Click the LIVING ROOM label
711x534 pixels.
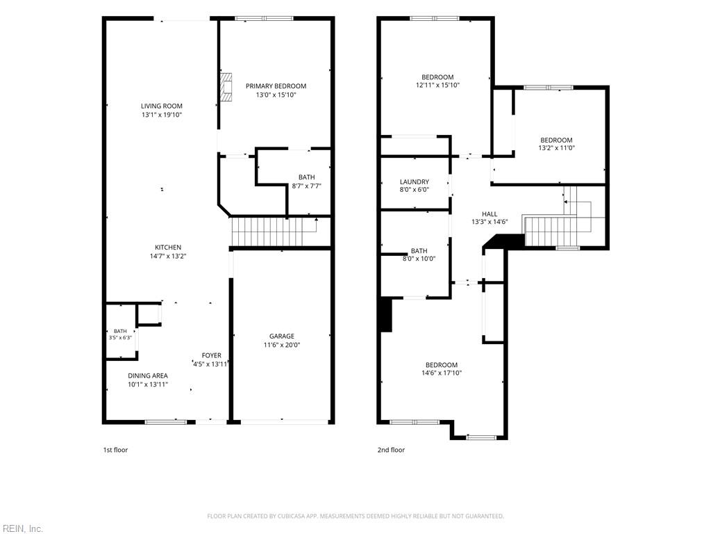[x=161, y=106]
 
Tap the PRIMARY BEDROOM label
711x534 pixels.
[x=276, y=86]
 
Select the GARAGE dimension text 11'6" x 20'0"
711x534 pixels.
[x=282, y=345]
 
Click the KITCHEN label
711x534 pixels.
[x=168, y=248]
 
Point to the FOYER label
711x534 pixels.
[x=212, y=355]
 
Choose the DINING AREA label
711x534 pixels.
[x=148, y=376]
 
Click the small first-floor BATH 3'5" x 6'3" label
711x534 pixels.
[x=120, y=334]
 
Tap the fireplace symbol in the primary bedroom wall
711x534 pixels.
[x=226, y=87]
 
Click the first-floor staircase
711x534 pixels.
[x=275, y=232]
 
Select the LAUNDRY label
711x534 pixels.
[x=415, y=182]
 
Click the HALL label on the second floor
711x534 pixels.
[x=490, y=214]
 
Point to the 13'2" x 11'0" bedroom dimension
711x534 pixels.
[x=556, y=148]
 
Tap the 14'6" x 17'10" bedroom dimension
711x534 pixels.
[x=441, y=373]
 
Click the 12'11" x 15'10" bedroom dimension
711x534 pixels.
[x=437, y=85]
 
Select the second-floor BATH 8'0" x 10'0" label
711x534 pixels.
[x=419, y=254]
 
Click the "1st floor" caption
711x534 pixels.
[x=116, y=450]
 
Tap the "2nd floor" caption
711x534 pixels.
[x=391, y=450]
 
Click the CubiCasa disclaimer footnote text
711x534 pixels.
[x=355, y=517]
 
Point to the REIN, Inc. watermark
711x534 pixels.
[x=22, y=528]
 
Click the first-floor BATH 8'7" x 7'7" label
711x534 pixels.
[x=306, y=181]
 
